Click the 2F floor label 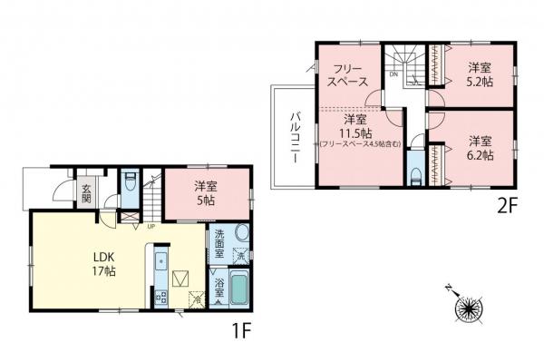505,206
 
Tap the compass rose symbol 469,308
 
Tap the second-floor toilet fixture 414,171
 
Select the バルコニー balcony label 296,138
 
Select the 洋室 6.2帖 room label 481,148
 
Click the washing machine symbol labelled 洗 241,257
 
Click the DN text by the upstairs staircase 394,73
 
